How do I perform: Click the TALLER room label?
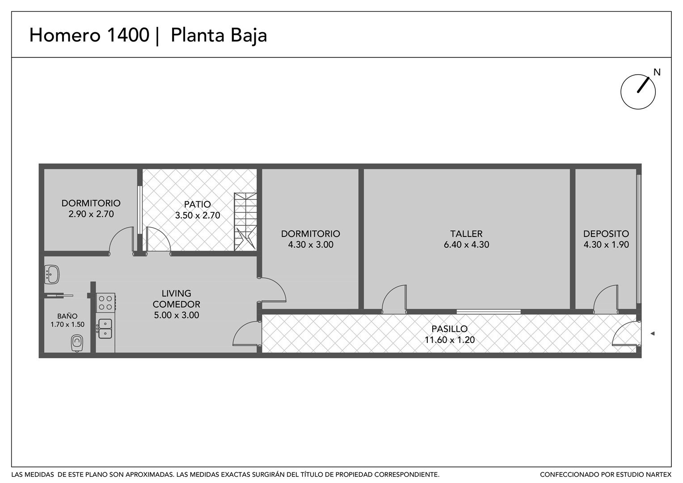click(x=466, y=234)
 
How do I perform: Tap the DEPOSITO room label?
click(x=606, y=234)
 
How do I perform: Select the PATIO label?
click(x=197, y=204)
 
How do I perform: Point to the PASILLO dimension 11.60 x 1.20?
click(x=449, y=339)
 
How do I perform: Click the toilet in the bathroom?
click(x=77, y=343)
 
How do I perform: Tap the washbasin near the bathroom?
click(x=51, y=274)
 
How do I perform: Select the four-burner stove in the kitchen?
click(x=106, y=303)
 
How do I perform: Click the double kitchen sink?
click(x=105, y=329)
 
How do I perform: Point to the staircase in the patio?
click(x=245, y=222)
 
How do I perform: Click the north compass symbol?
click(x=638, y=92)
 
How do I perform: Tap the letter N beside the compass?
click(x=657, y=72)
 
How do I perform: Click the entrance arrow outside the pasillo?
click(x=653, y=334)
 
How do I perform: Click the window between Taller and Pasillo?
click(x=489, y=312)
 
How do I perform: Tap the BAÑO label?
click(x=67, y=316)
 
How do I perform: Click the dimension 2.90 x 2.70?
click(x=91, y=214)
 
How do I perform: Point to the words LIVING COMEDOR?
click(x=176, y=299)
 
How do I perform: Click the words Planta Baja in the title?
click(x=219, y=35)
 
